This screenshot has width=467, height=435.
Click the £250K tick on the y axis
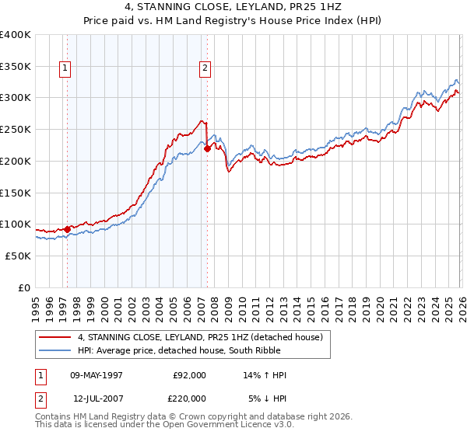pyautogui.click(x=16, y=130)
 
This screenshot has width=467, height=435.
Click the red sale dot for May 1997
pyautogui.click(x=68, y=229)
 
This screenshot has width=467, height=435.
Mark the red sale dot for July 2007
pyautogui.click(x=207, y=148)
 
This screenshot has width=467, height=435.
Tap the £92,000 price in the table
pyautogui.click(x=189, y=375)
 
